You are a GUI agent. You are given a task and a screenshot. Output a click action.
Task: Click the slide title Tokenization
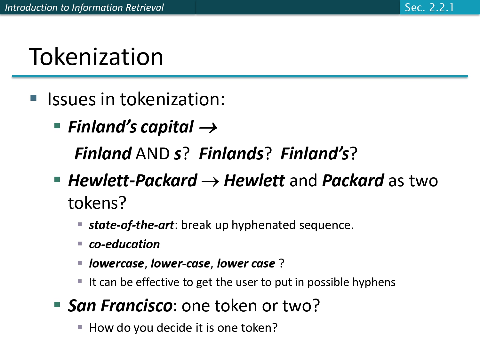(x=96, y=57)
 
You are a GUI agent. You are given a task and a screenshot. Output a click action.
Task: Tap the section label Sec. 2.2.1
(x=429, y=7)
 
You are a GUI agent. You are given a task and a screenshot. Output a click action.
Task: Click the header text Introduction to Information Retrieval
(x=84, y=7)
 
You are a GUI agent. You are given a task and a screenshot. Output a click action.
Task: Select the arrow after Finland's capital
(x=208, y=128)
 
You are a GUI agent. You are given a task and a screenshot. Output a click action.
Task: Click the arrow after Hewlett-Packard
(x=210, y=182)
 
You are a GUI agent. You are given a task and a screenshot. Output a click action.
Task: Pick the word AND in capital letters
(x=153, y=154)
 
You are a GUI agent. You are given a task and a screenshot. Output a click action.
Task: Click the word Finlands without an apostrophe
(x=231, y=154)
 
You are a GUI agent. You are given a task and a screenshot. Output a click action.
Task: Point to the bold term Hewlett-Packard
(x=132, y=181)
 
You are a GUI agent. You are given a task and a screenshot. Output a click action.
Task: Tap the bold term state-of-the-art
(x=131, y=225)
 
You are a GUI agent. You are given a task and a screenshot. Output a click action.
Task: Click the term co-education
(x=124, y=244)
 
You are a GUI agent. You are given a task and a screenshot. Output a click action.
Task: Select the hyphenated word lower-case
(x=180, y=263)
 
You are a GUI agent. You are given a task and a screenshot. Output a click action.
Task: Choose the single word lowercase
(x=116, y=263)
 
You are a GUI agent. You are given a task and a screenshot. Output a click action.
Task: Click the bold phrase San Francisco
(x=120, y=306)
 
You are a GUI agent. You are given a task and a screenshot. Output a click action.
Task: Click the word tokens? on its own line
(x=97, y=203)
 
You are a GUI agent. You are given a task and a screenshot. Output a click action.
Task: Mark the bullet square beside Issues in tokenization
(x=34, y=98)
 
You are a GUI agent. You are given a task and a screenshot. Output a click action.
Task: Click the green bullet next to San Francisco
(x=57, y=304)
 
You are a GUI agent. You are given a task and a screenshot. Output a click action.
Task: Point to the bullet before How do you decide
(x=80, y=327)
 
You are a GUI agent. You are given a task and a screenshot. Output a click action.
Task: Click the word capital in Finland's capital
(x=167, y=127)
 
